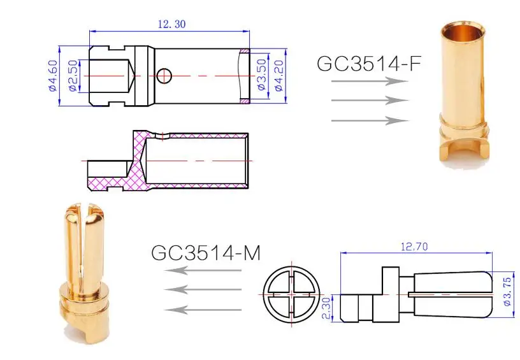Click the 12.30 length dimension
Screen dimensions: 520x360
[172, 24]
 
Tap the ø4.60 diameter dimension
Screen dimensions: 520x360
[53, 75]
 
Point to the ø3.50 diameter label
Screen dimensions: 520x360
[262, 75]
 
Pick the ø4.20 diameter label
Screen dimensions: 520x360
[279, 75]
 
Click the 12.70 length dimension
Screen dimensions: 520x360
[414, 247]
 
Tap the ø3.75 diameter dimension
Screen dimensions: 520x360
[507, 292]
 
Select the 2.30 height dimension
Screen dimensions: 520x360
[327, 308]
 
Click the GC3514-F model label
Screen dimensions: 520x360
[368, 63]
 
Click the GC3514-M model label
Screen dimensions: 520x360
[206, 252]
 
